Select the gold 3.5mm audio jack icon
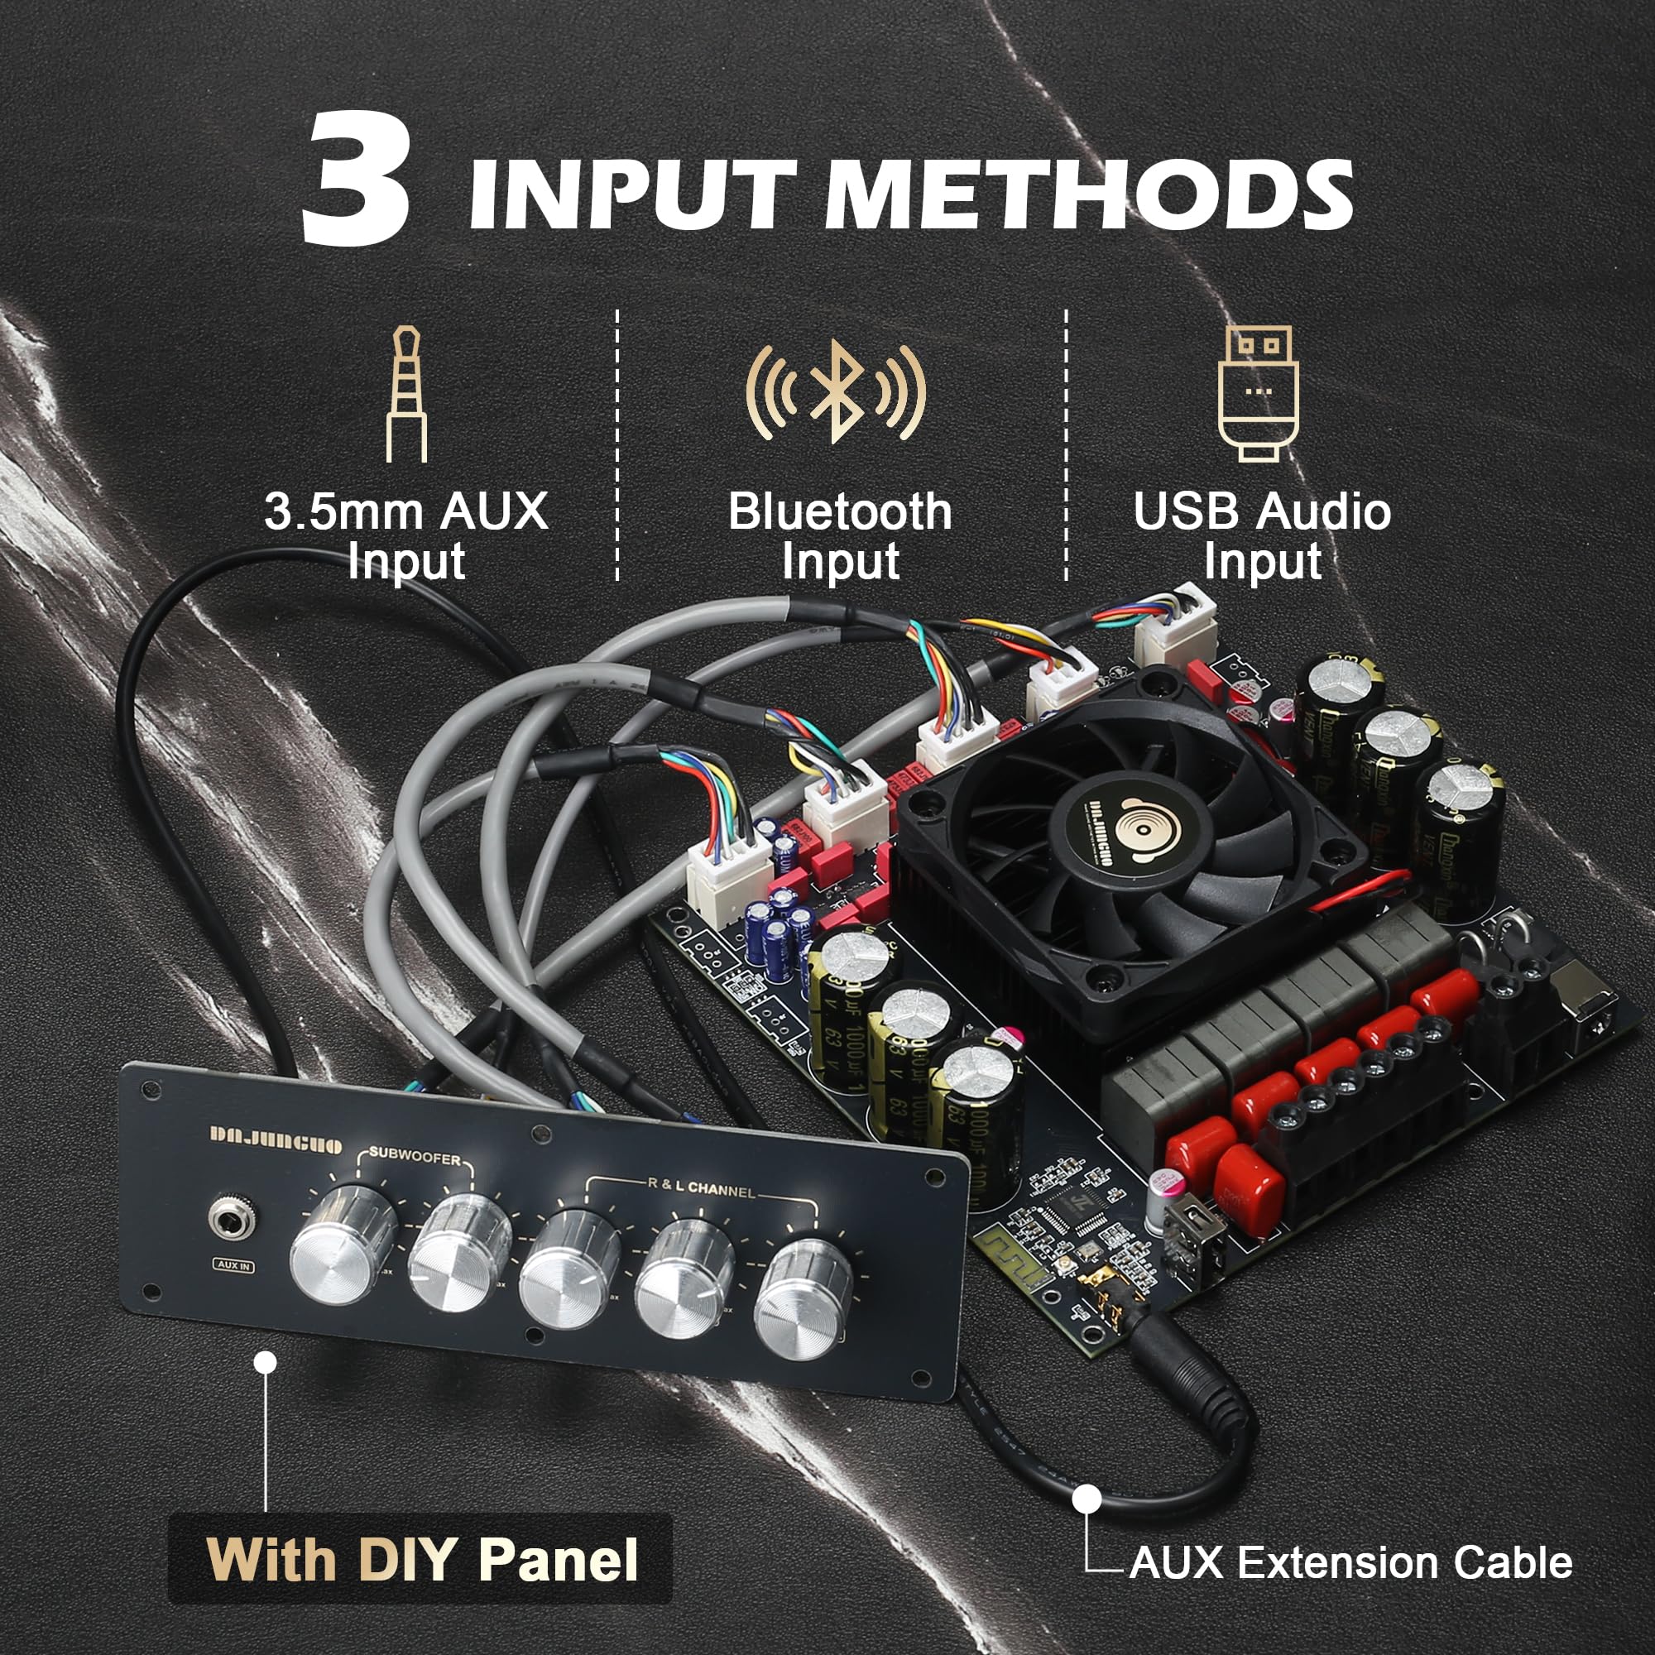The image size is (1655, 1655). (405, 395)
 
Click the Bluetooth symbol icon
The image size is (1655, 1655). (835, 391)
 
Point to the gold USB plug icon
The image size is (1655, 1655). (1258, 393)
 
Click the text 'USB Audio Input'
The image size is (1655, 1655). (1261, 536)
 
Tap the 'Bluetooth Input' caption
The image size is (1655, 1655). (839, 536)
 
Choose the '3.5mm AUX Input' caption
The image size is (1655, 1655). (406, 536)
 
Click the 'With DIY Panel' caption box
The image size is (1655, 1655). (420, 1559)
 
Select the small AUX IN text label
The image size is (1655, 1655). (234, 1265)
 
